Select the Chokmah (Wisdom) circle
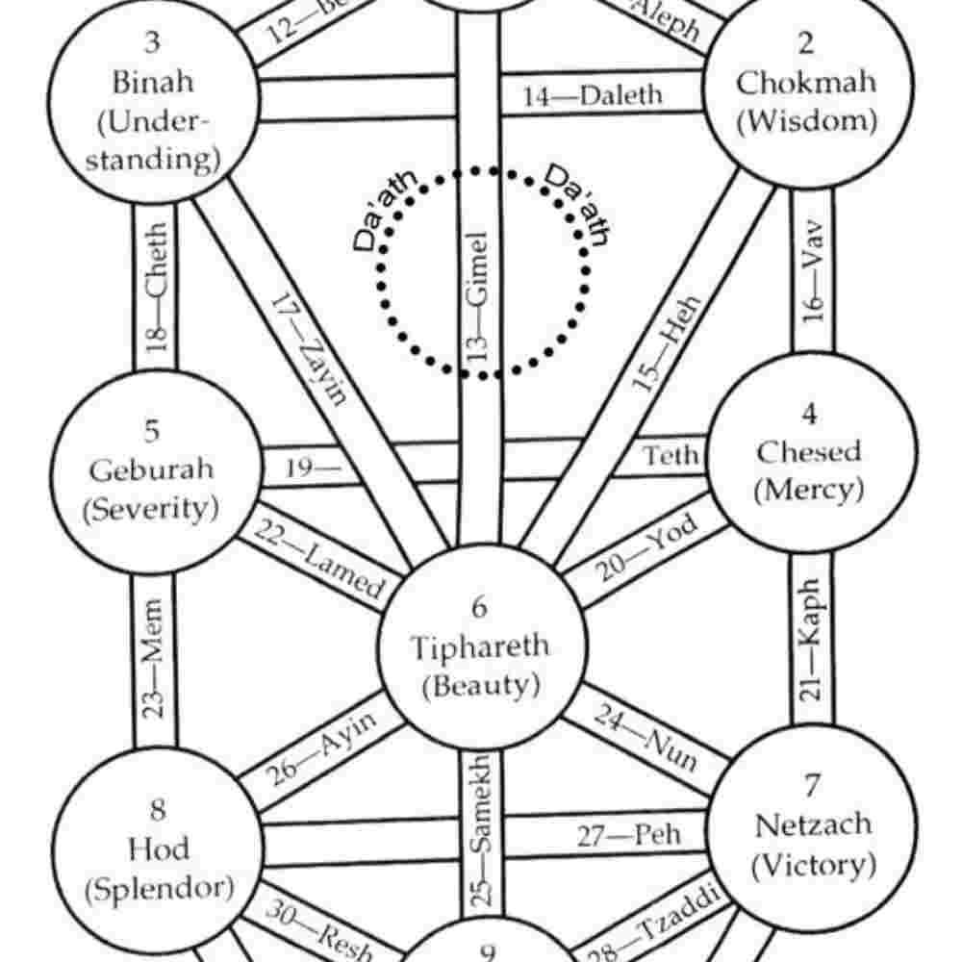point(806,82)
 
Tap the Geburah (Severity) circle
point(154,471)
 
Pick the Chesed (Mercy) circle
point(808,452)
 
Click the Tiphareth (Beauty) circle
point(480,646)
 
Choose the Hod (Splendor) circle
point(157,848)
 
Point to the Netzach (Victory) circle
point(813,825)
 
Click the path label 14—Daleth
point(593,96)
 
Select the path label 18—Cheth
point(157,287)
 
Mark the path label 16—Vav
point(813,275)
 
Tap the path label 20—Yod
point(645,555)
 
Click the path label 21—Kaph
point(811,640)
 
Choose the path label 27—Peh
point(629,835)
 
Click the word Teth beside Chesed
point(671,455)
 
